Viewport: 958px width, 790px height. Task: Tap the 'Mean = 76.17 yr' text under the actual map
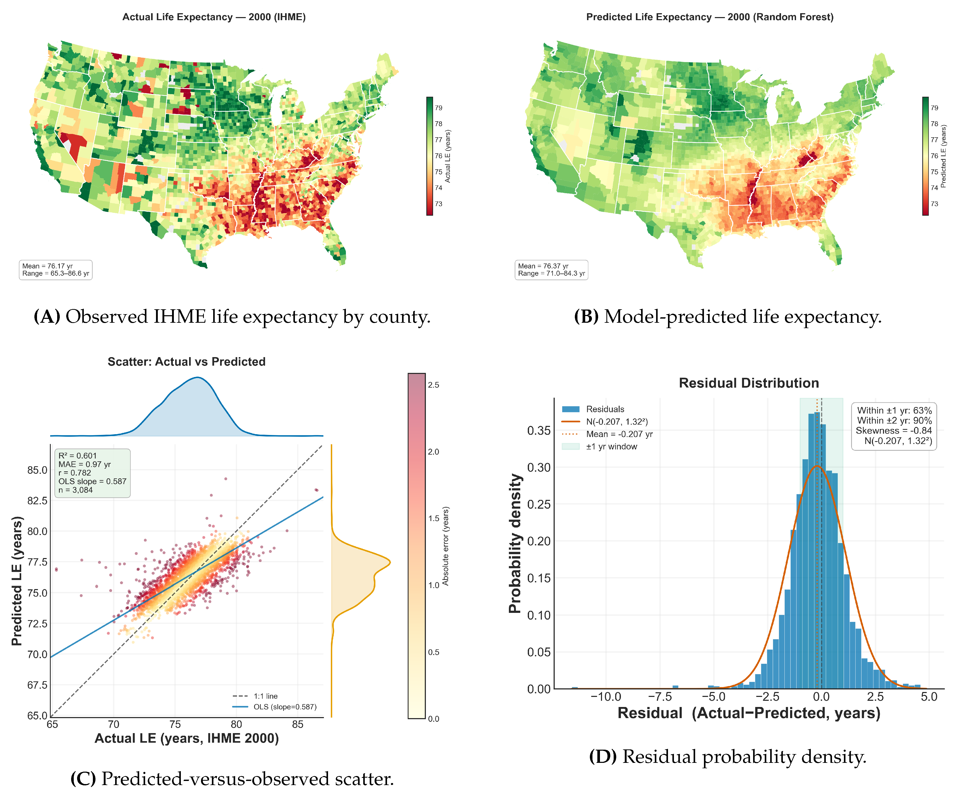tap(47, 266)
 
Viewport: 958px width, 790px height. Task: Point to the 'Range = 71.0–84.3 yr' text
tap(551, 274)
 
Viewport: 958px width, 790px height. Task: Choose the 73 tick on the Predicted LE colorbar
tap(934, 204)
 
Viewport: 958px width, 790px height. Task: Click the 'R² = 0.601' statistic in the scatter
tap(77, 456)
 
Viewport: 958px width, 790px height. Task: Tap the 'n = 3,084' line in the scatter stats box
tap(76, 490)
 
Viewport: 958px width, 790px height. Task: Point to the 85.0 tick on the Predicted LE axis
tap(37, 470)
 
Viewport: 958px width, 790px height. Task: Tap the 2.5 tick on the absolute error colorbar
tap(434, 385)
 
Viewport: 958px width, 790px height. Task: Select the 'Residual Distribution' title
tap(749, 383)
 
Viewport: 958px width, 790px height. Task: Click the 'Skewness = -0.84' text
tap(894, 431)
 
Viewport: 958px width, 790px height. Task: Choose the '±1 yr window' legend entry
tap(612, 446)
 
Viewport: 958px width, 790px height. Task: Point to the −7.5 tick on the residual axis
tap(660, 697)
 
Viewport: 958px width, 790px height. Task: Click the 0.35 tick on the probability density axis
tap(539, 431)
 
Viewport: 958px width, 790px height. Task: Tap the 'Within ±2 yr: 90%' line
tap(895, 420)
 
